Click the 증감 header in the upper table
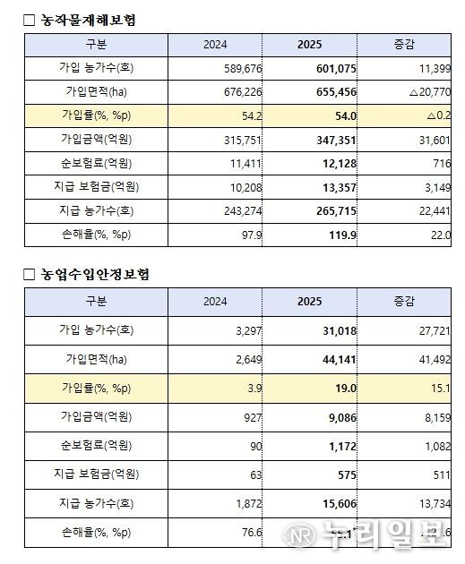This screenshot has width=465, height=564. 404,44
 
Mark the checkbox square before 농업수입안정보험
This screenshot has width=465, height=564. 30,274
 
